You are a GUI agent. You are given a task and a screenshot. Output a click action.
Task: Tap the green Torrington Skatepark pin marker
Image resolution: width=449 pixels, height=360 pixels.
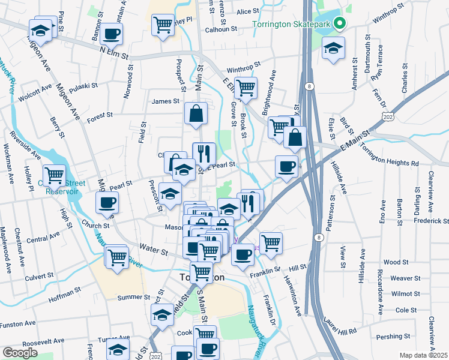[x=340, y=25]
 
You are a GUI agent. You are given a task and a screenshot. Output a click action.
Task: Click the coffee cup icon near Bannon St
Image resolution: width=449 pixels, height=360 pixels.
[x=111, y=34]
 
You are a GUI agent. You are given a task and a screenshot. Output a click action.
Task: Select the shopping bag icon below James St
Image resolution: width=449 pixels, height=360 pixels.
[x=196, y=113]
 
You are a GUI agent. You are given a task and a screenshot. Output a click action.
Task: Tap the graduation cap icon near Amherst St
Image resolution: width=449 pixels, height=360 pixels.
[x=333, y=49]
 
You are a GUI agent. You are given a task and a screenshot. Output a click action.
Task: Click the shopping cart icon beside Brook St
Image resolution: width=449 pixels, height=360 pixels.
[x=245, y=88]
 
